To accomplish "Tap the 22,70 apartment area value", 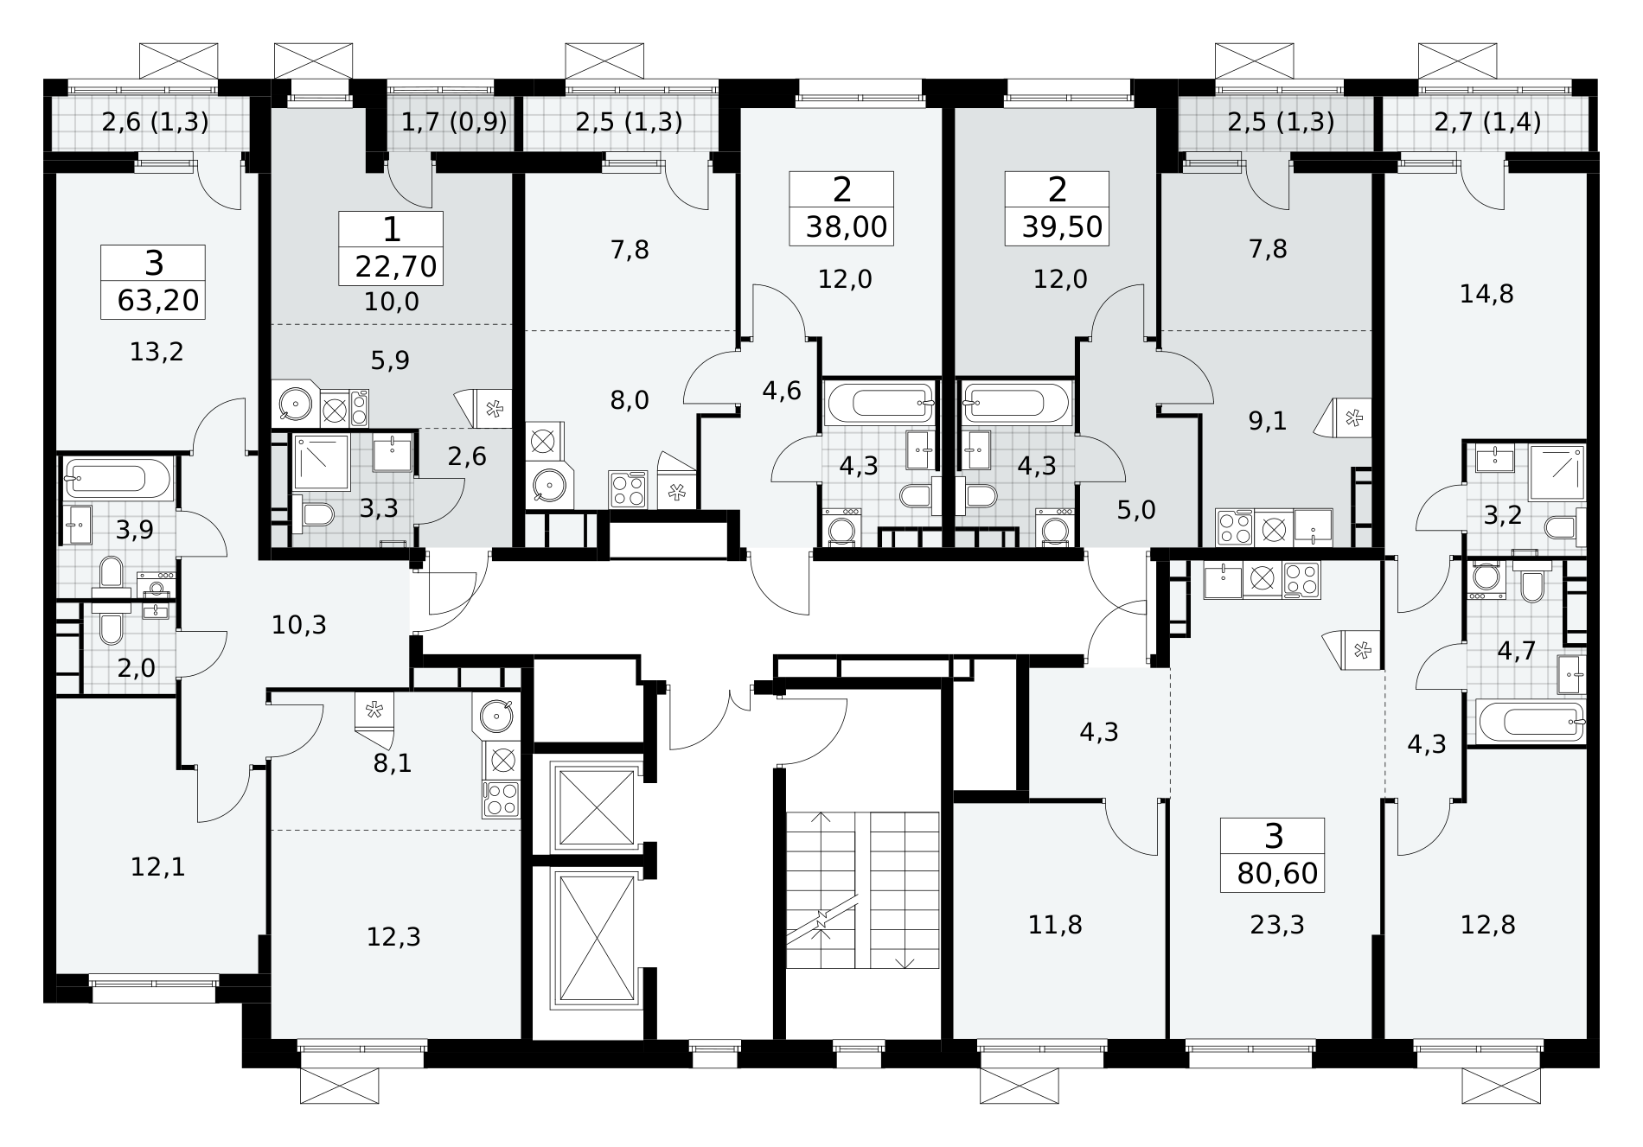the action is [396, 266].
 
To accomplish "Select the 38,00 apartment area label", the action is [847, 226].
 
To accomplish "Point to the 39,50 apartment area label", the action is [1062, 226].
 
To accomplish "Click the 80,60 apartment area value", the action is [1277, 873].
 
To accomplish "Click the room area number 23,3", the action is [1277, 925].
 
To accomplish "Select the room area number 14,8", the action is [1486, 294].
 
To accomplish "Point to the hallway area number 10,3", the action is [299, 624].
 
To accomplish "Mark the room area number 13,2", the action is [157, 352].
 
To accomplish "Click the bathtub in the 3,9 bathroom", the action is [118, 478].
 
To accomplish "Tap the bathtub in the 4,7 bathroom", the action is [1530, 722].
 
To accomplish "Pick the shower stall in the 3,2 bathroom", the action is [1557, 473].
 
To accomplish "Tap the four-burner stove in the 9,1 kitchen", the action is [1234, 526].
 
